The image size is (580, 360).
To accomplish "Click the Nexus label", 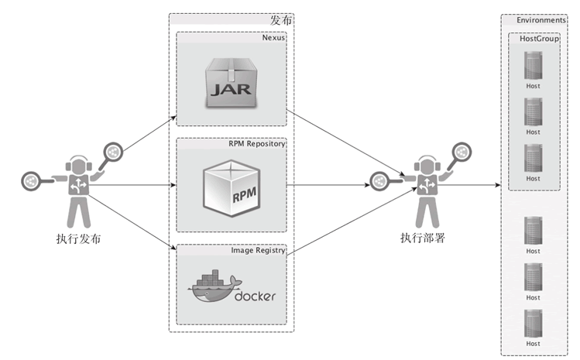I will (x=273, y=36).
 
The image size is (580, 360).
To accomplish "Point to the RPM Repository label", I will (x=257, y=143).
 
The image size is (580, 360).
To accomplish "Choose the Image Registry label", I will (x=259, y=250).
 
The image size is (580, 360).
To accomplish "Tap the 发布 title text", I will (x=281, y=19).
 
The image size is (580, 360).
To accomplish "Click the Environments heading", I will (x=541, y=19).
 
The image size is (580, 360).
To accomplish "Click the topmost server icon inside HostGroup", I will (x=533, y=65).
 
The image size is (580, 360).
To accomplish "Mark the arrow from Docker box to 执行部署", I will (x=348, y=225).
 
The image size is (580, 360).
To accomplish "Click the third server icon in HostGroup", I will (x=533, y=157).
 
